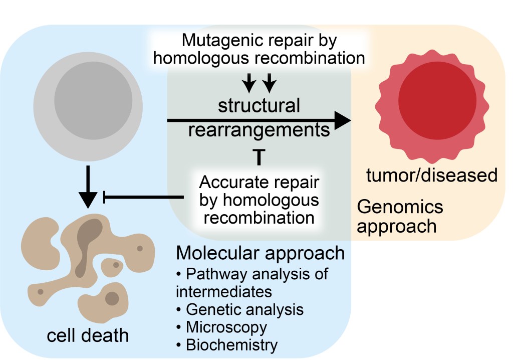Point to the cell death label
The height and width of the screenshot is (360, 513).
[88, 335]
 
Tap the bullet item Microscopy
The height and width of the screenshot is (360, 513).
[225, 327]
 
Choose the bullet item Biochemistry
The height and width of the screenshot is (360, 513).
[231, 345]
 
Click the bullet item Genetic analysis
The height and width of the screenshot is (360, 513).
[244, 309]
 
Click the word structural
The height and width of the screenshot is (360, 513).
[259, 106]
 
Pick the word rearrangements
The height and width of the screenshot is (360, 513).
[259, 130]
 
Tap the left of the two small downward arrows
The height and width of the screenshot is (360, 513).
[249, 83]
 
